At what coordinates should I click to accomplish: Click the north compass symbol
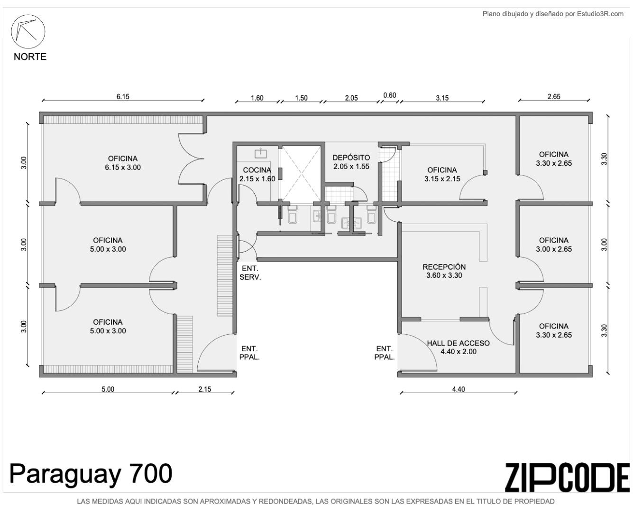click(28, 31)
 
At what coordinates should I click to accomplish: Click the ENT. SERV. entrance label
click(250, 273)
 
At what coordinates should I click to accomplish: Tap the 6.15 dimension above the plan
click(123, 97)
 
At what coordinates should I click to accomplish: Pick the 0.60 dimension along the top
click(390, 95)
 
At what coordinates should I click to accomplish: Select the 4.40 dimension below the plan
click(459, 389)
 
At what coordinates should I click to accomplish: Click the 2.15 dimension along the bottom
click(204, 389)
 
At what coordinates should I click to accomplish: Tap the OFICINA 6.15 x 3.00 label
click(123, 163)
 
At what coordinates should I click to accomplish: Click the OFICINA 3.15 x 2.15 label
click(442, 174)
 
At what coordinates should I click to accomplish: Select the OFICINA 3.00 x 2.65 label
click(554, 245)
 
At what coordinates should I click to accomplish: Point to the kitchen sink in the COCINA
click(261, 153)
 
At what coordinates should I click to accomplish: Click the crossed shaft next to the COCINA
click(300, 173)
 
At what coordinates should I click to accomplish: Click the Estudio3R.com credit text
click(553, 14)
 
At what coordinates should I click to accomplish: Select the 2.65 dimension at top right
click(554, 97)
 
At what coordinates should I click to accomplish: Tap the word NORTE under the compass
click(30, 57)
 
